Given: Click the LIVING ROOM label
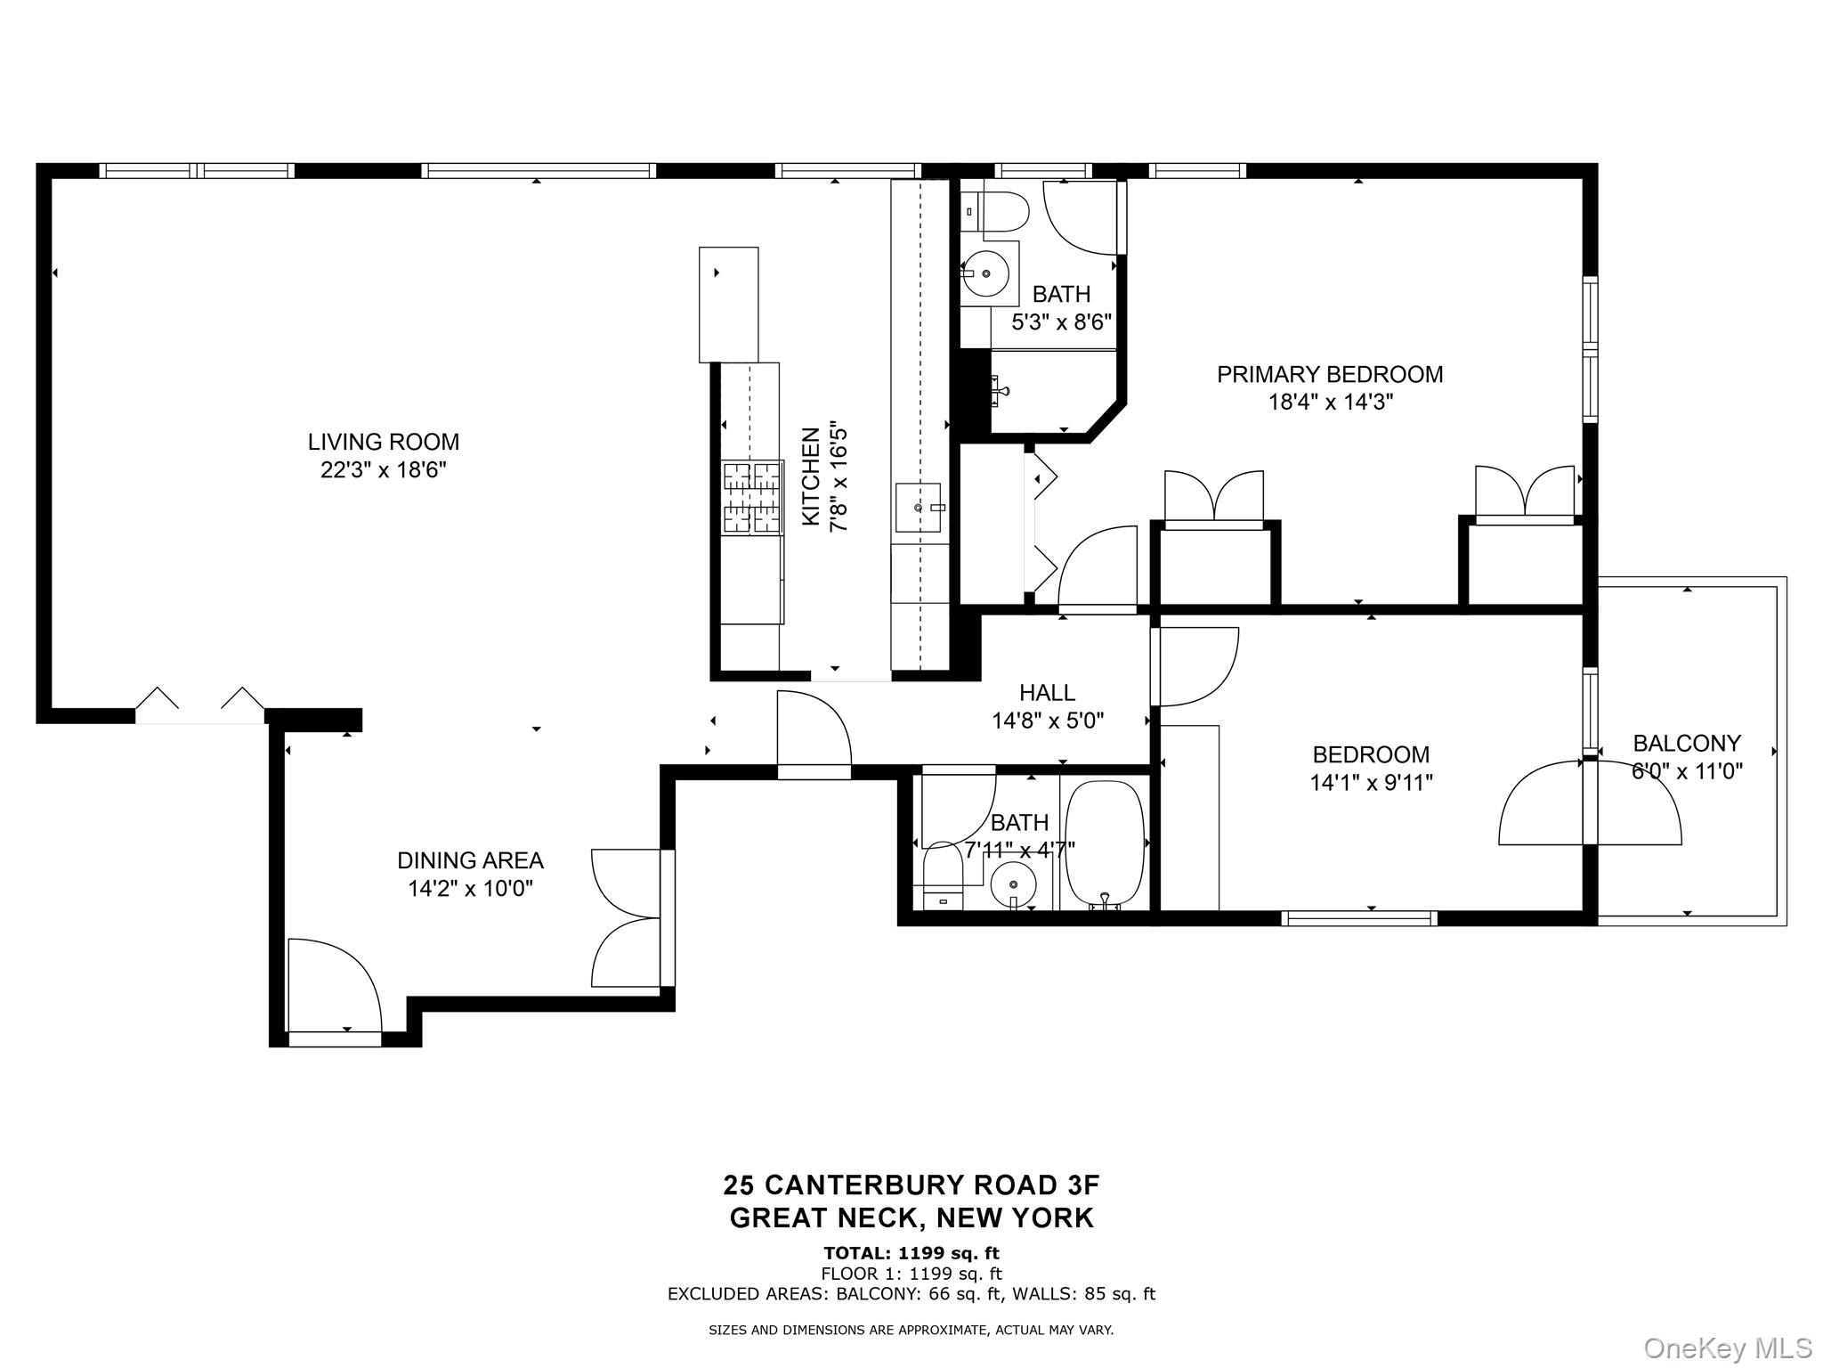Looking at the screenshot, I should tap(383, 442).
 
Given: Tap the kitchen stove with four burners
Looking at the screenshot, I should tap(752, 498).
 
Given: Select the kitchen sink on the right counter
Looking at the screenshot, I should tap(919, 508).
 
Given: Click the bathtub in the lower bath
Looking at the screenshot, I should tap(1105, 843).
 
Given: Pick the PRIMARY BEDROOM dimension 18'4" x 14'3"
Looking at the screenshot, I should tap(1330, 403).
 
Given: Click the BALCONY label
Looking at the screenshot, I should tap(1687, 743).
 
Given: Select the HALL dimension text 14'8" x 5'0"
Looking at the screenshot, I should tap(1048, 721).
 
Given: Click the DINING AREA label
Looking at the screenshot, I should tap(470, 860).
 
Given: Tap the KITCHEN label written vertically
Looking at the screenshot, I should tap(811, 476).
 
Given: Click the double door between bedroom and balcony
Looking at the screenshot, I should tap(1590, 802).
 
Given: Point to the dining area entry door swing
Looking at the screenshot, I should tap(334, 984).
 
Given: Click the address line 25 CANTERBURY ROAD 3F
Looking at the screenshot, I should tap(911, 1185).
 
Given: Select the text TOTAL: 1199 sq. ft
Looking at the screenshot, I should tap(911, 1254).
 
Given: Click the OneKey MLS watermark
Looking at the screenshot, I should tap(1727, 1348).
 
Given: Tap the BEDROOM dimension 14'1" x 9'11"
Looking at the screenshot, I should tap(1371, 783).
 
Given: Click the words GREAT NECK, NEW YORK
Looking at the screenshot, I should tap(911, 1218).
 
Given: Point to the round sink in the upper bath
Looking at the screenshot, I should tap(985, 273).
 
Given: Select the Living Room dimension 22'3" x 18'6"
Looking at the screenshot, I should tap(383, 470).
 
